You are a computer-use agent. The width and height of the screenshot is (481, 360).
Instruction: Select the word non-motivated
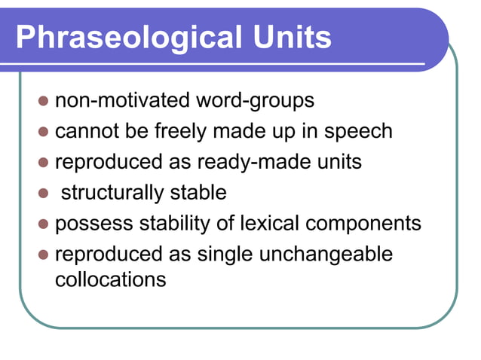(x=123, y=99)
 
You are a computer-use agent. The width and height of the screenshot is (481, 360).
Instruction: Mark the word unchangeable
(x=326, y=255)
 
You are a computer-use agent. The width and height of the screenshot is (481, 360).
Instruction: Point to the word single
(x=226, y=255)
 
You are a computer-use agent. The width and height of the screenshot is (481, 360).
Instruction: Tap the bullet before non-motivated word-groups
(x=43, y=100)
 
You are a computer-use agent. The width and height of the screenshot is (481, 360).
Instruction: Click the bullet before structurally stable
(x=43, y=194)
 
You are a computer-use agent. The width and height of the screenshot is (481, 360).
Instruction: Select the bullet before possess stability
(x=43, y=224)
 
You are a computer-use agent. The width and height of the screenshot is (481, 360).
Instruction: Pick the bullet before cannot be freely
(x=43, y=132)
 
